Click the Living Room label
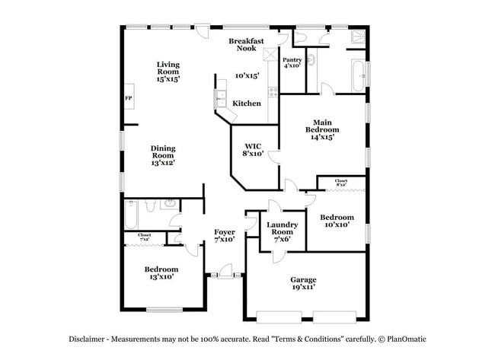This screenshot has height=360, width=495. click(x=168, y=72)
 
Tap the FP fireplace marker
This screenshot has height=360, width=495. click(x=129, y=99)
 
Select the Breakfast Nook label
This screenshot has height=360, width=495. click(x=247, y=44)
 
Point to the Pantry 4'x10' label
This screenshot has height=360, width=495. click(x=292, y=62)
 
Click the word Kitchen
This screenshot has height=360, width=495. click(x=247, y=104)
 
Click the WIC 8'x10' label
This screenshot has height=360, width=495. click(x=254, y=149)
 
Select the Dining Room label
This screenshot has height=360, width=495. click(x=163, y=155)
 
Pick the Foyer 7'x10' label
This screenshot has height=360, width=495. click(x=224, y=235)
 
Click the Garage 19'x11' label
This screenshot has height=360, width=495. click(x=303, y=283)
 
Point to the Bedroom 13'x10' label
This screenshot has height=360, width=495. click(x=161, y=273)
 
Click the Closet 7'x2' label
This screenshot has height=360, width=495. click(x=145, y=237)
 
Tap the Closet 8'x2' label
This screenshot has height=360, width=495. click(x=341, y=183)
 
